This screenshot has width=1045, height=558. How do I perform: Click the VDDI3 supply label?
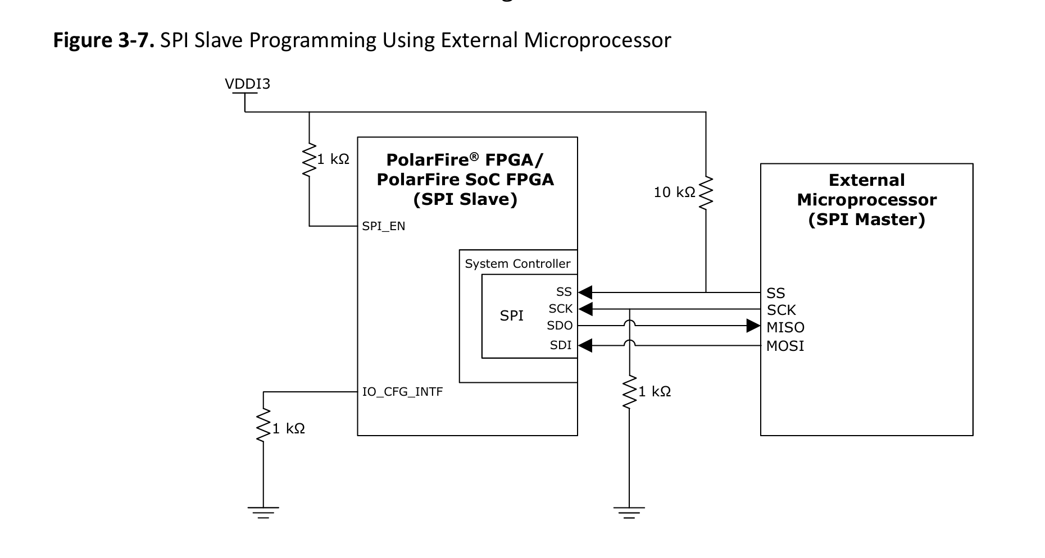(x=247, y=84)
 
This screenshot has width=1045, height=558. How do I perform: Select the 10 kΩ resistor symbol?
(x=706, y=193)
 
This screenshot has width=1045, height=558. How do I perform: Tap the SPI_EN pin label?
(x=384, y=226)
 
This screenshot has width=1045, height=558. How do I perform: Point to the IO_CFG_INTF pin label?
(x=402, y=392)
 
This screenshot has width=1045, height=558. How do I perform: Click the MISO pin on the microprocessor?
(x=785, y=327)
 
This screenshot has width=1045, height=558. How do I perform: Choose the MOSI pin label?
(x=785, y=346)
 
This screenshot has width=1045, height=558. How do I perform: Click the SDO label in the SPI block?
(x=560, y=326)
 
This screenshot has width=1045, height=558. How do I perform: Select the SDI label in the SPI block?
(x=561, y=345)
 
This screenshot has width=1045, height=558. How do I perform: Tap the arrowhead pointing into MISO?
(x=753, y=326)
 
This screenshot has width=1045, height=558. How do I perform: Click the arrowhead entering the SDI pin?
(x=585, y=345)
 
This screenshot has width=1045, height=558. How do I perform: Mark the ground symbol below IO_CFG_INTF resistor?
(x=263, y=512)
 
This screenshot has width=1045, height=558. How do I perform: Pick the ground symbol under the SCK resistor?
(x=629, y=512)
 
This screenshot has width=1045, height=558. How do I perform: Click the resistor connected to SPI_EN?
(x=309, y=160)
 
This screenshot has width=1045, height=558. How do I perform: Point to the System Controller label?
(x=517, y=264)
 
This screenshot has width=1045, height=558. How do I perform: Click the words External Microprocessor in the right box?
(x=866, y=190)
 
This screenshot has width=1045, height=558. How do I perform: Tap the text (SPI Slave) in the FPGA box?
(x=465, y=199)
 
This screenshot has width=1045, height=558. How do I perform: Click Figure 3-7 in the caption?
(x=103, y=40)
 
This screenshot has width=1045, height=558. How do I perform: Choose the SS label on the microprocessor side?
(x=775, y=293)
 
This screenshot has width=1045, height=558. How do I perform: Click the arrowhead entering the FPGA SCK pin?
(x=585, y=309)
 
